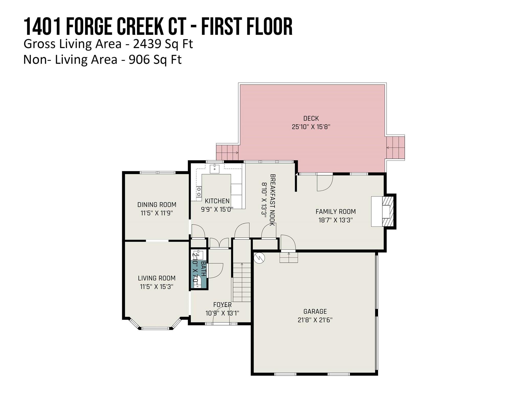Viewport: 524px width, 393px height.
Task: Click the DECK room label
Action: (x=311, y=118)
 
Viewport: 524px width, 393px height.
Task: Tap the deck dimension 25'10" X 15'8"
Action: (x=311, y=127)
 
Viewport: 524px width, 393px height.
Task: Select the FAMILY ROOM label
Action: (x=335, y=212)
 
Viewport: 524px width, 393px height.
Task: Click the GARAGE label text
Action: (x=315, y=311)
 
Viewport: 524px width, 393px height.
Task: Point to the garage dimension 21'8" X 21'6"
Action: (x=315, y=320)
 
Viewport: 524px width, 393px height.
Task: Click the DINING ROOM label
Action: (x=157, y=205)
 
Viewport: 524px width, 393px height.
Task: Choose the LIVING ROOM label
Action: (x=157, y=278)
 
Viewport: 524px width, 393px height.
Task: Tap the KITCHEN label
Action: (x=217, y=201)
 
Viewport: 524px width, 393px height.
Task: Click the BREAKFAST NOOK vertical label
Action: (x=272, y=200)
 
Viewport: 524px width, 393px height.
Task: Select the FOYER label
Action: (x=222, y=305)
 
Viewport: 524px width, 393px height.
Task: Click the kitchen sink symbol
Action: (x=214, y=169)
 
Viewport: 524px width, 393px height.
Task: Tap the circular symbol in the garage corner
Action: (x=259, y=258)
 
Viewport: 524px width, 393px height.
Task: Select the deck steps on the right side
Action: (x=395, y=148)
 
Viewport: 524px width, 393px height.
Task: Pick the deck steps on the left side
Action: (x=227, y=152)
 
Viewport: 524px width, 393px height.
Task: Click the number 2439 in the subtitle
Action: (x=147, y=44)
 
